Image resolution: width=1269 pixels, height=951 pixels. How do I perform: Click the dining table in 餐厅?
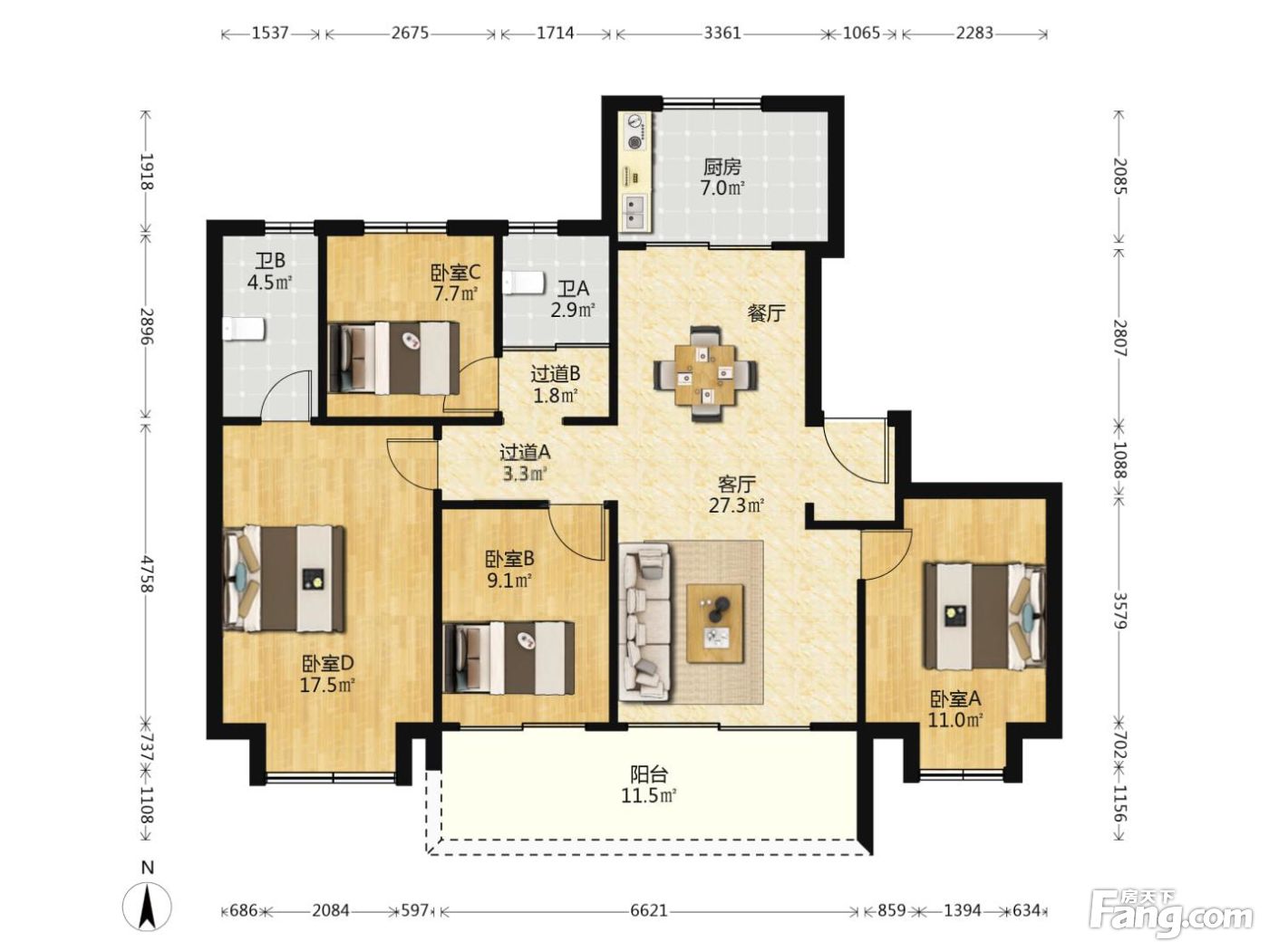click(x=705, y=373)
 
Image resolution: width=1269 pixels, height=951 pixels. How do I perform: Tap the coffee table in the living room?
click(x=714, y=623)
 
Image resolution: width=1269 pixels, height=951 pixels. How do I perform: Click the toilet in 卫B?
click(x=244, y=329)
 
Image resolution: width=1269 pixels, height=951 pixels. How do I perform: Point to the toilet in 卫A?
click(x=524, y=283)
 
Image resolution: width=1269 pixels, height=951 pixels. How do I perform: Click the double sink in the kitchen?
click(x=634, y=211)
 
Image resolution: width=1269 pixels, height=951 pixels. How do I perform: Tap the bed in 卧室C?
click(x=393, y=358)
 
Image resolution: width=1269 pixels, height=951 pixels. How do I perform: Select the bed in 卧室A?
click(x=985, y=616)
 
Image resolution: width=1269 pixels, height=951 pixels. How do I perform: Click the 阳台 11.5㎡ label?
click(x=649, y=784)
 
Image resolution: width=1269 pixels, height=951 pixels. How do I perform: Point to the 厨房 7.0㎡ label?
click(x=722, y=178)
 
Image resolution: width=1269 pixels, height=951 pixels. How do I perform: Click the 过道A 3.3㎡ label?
click(x=524, y=463)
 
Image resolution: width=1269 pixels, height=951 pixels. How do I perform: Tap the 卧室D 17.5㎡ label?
click(x=326, y=674)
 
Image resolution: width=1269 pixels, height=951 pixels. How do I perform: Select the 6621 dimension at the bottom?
click(x=649, y=911)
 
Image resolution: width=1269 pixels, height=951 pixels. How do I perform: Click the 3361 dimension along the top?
click(x=722, y=33)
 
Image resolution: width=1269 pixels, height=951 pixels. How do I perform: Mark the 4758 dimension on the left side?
click(x=146, y=574)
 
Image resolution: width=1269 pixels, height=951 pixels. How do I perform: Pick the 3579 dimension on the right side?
click(x=1121, y=610)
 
